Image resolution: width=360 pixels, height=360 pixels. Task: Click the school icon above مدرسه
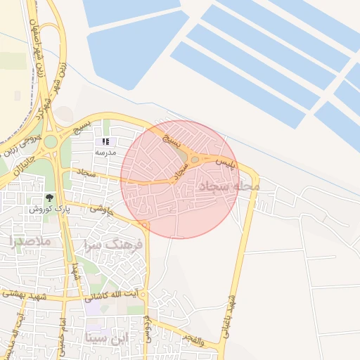click(106, 142)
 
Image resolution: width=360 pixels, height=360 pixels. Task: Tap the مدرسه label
click(106, 152)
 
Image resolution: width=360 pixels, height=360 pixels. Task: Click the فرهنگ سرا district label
click(112, 245)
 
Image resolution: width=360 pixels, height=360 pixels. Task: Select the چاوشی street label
click(99, 209)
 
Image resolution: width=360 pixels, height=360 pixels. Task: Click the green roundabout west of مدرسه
click(51, 141)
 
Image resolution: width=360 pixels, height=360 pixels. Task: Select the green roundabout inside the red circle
click(195, 160)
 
